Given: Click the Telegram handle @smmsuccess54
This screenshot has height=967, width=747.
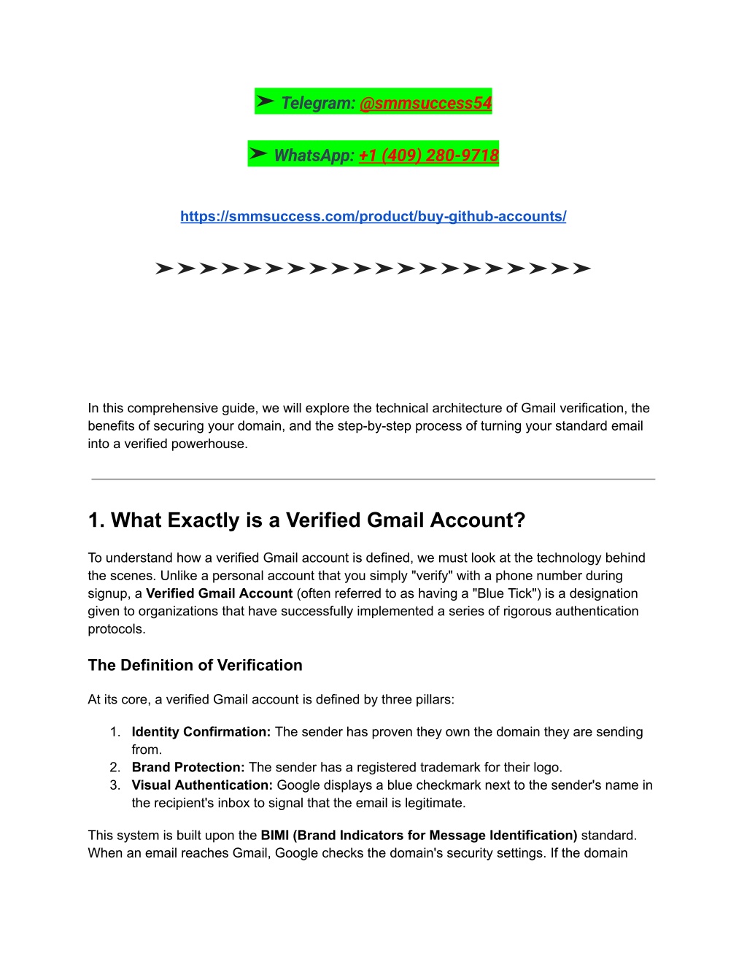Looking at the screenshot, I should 425,103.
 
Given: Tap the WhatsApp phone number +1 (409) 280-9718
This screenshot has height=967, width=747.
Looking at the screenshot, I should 429,155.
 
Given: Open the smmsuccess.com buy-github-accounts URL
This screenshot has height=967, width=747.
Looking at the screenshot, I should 373,216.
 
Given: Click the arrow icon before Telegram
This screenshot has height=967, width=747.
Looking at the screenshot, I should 266,101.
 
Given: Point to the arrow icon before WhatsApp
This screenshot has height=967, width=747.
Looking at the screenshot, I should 258,154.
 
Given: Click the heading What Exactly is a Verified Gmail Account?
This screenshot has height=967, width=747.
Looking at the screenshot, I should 306,520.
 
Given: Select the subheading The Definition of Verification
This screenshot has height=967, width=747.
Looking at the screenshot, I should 195,665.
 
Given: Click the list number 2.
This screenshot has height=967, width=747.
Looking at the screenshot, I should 115,768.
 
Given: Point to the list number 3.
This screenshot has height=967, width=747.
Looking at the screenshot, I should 115,785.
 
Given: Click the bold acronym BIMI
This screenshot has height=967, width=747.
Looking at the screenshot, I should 274,836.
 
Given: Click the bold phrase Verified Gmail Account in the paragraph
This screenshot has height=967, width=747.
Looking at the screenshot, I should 219,593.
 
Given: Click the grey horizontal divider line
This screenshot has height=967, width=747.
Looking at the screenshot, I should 373,479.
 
